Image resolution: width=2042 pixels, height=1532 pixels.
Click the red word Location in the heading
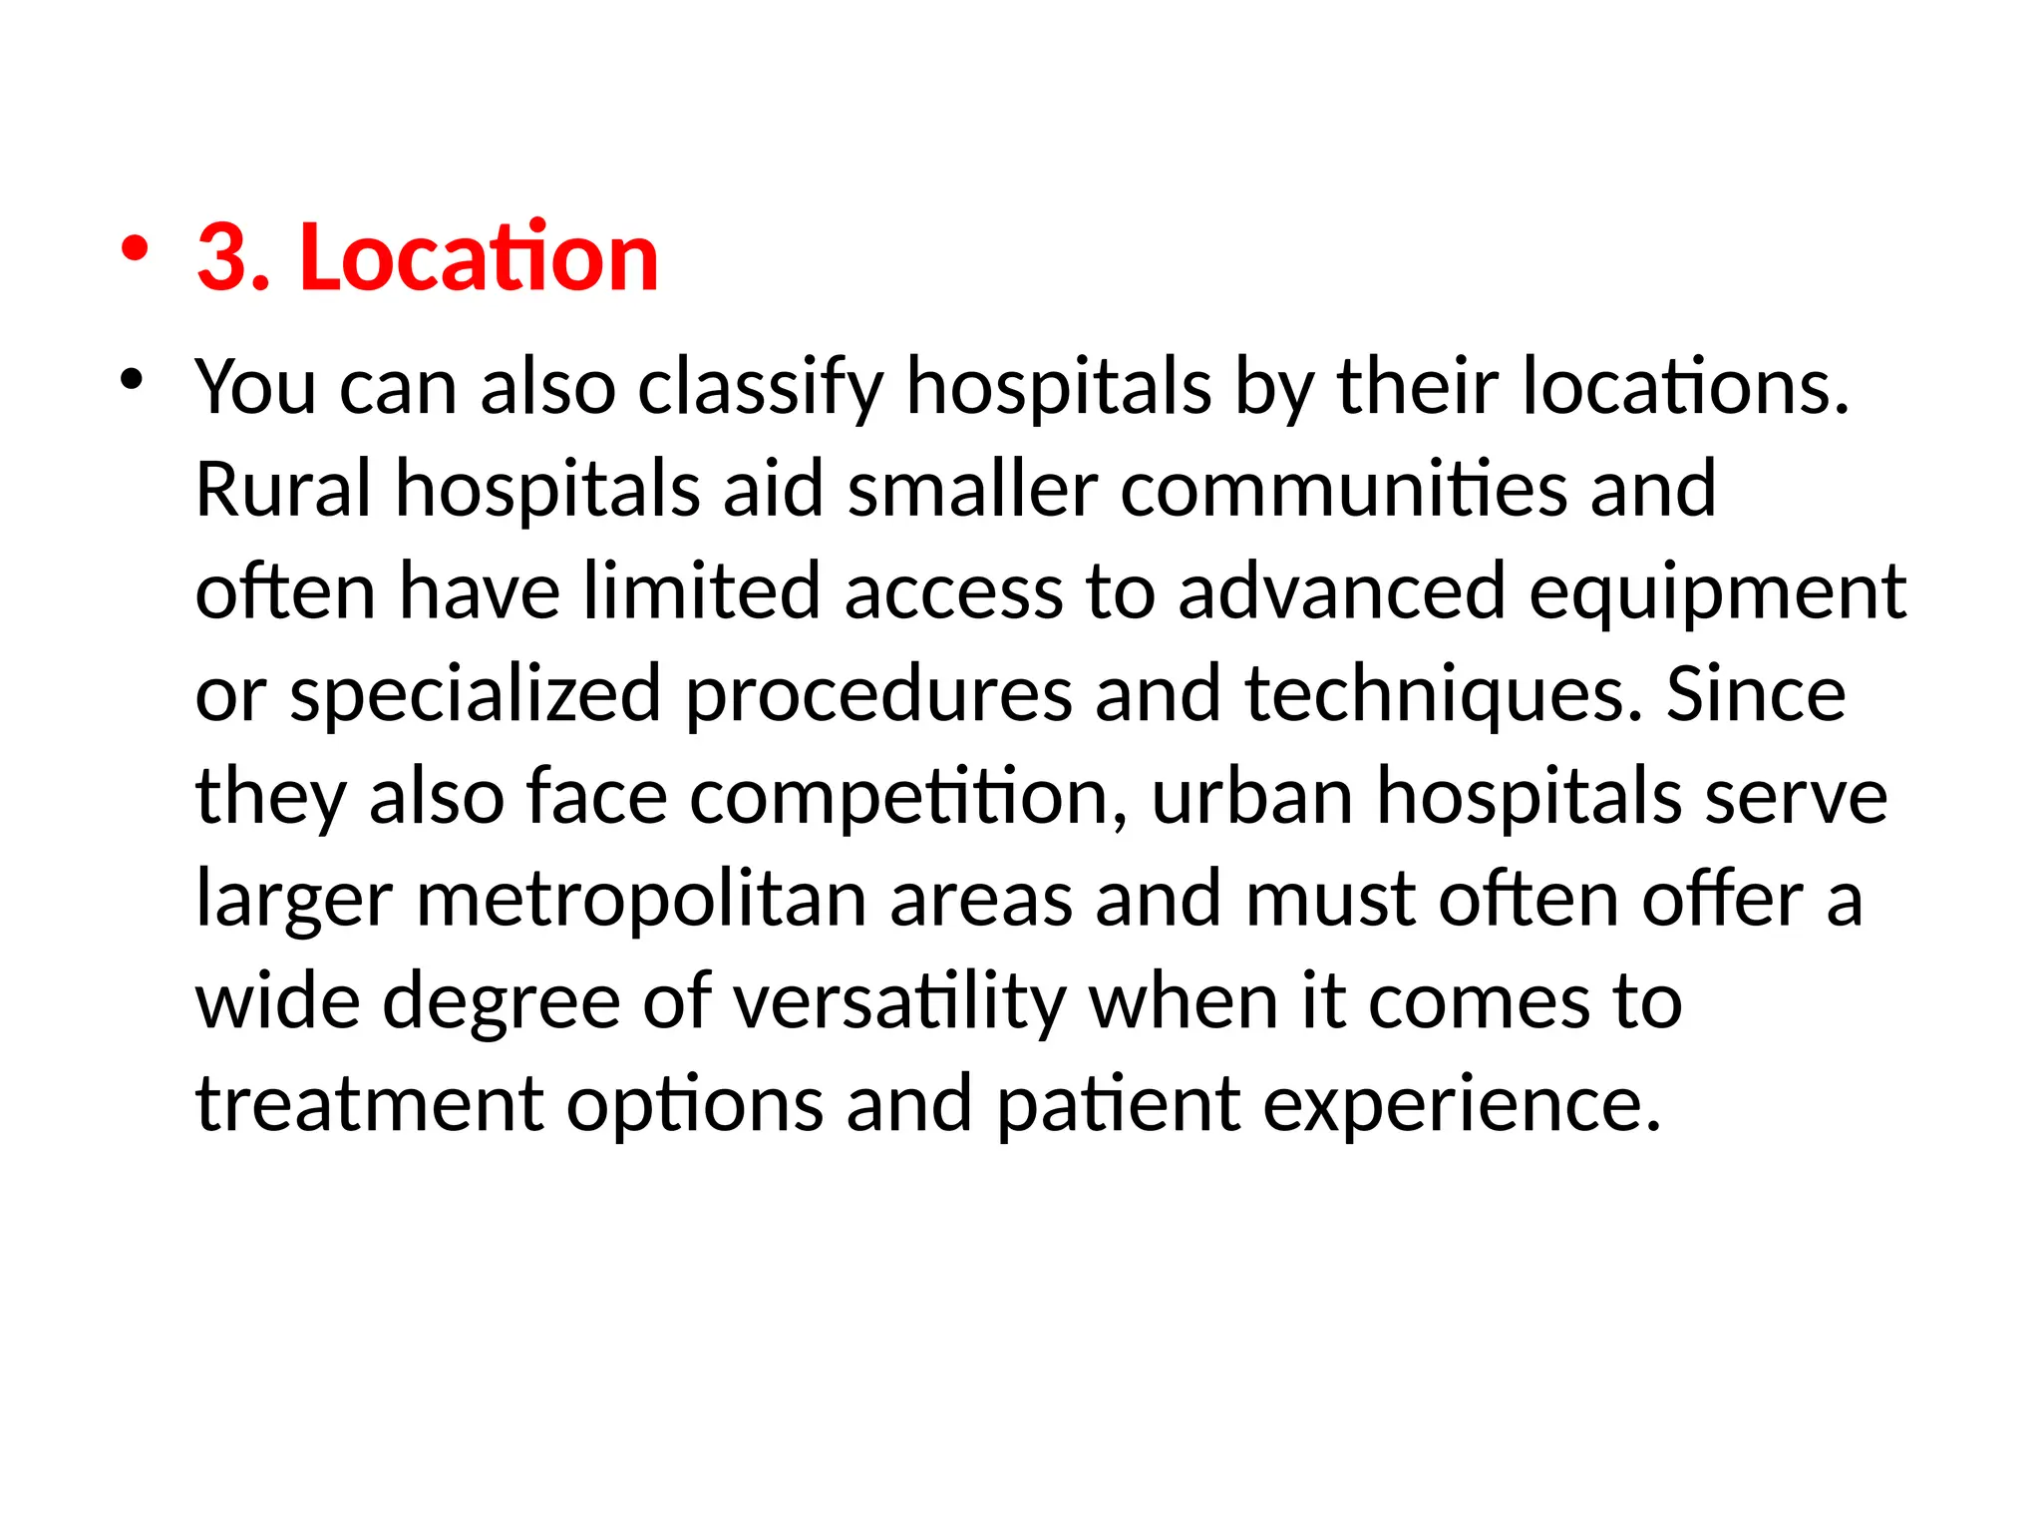[479, 257]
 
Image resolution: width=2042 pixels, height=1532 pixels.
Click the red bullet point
[134, 248]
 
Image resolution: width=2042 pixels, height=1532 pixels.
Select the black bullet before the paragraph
[131, 380]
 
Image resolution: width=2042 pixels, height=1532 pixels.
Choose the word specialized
[475, 695]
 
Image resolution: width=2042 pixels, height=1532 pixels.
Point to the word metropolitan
[640, 900]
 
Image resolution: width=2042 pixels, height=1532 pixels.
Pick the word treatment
[370, 1104]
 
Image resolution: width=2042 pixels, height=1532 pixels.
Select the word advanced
[1341, 591]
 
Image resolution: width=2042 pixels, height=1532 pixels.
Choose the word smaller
[972, 489]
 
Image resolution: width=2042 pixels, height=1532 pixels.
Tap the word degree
[502, 1003]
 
